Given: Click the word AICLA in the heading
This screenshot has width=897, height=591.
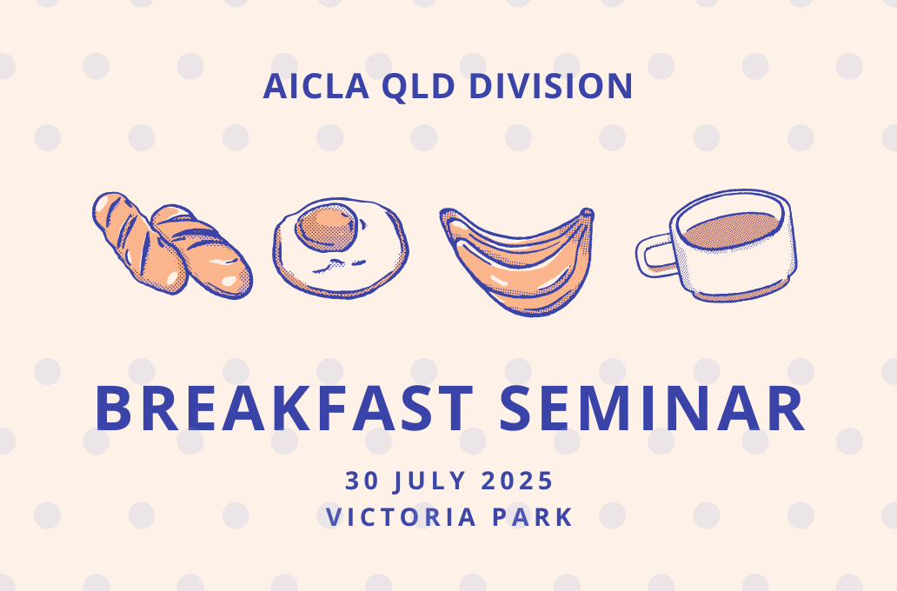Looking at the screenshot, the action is tap(316, 86).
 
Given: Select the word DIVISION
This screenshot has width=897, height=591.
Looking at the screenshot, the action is tap(550, 86).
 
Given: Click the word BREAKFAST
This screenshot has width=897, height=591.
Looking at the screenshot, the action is tap(283, 408).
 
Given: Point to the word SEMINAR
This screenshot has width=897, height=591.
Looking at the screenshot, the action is tap(652, 408).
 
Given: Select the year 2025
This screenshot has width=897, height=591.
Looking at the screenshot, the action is tap(516, 481).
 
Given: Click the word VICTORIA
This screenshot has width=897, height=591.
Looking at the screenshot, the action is tap(401, 516).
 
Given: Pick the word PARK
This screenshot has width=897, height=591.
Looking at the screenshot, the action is tap(533, 516).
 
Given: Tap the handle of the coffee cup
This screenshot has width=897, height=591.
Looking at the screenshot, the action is tap(655, 256).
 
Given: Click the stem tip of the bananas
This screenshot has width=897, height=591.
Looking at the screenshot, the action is tap(587, 214).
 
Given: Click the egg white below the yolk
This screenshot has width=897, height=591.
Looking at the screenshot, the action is tap(342, 272).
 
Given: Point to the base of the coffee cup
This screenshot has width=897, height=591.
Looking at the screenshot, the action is tap(738, 293).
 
